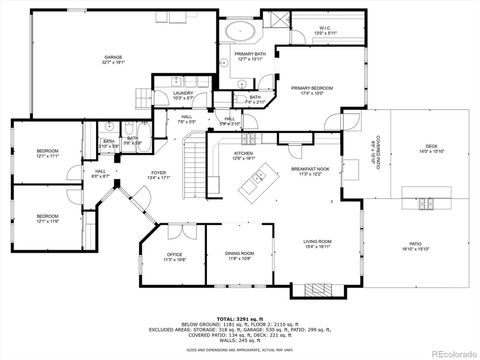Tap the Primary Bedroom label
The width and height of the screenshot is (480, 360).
coord(312,91)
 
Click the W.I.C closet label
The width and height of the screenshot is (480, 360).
coord(326,30)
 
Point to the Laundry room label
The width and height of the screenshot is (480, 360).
coord(182,95)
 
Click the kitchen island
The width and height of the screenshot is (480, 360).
coord(253,183)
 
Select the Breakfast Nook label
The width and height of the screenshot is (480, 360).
coord(307,172)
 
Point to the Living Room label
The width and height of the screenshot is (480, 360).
coord(318,242)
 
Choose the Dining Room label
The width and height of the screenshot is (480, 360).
coord(239,256)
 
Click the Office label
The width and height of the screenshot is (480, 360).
coord(174,256)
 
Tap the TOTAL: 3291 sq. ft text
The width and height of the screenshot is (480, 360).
coord(238,319)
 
